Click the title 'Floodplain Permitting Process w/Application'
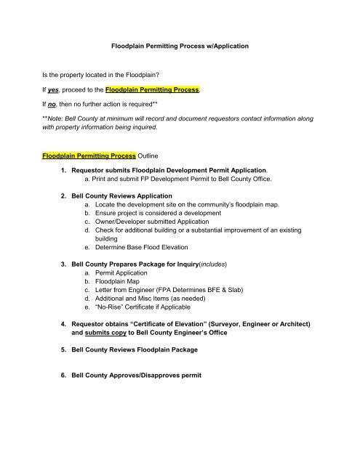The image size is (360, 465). click(x=180, y=46)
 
